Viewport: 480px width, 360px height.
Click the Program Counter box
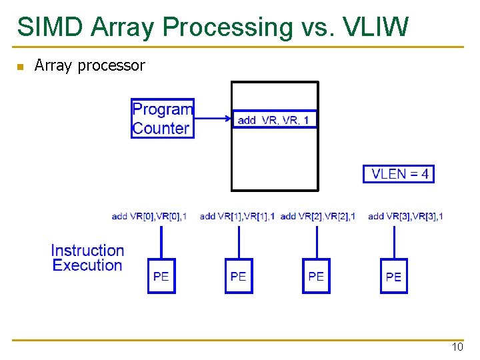(x=163, y=118)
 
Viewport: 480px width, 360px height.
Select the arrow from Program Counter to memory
(x=213, y=119)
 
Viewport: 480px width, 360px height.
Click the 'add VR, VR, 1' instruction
(x=274, y=120)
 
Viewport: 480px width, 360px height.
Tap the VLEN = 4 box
(x=399, y=174)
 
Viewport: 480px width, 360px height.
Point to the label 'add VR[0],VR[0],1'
(x=149, y=216)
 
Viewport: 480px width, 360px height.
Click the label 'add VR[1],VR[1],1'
(x=237, y=216)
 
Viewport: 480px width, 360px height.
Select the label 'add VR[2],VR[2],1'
(x=317, y=216)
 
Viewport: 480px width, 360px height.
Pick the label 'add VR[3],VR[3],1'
(x=405, y=216)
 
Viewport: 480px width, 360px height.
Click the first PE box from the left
(x=161, y=276)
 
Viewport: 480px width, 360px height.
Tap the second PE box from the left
(x=239, y=276)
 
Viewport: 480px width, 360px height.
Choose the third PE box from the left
(x=316, y=276)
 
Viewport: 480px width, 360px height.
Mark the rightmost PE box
(x=393, y=276)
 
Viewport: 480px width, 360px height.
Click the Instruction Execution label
(x=87, y=258)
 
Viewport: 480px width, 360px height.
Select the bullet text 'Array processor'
(x=89, y=65)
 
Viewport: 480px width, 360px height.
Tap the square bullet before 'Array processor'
(x=20, y=66)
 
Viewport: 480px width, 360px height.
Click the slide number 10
(x=457, y=347)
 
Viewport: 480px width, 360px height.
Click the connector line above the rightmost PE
(x=394, y=241)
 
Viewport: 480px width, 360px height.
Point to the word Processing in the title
(x=227, y=27)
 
